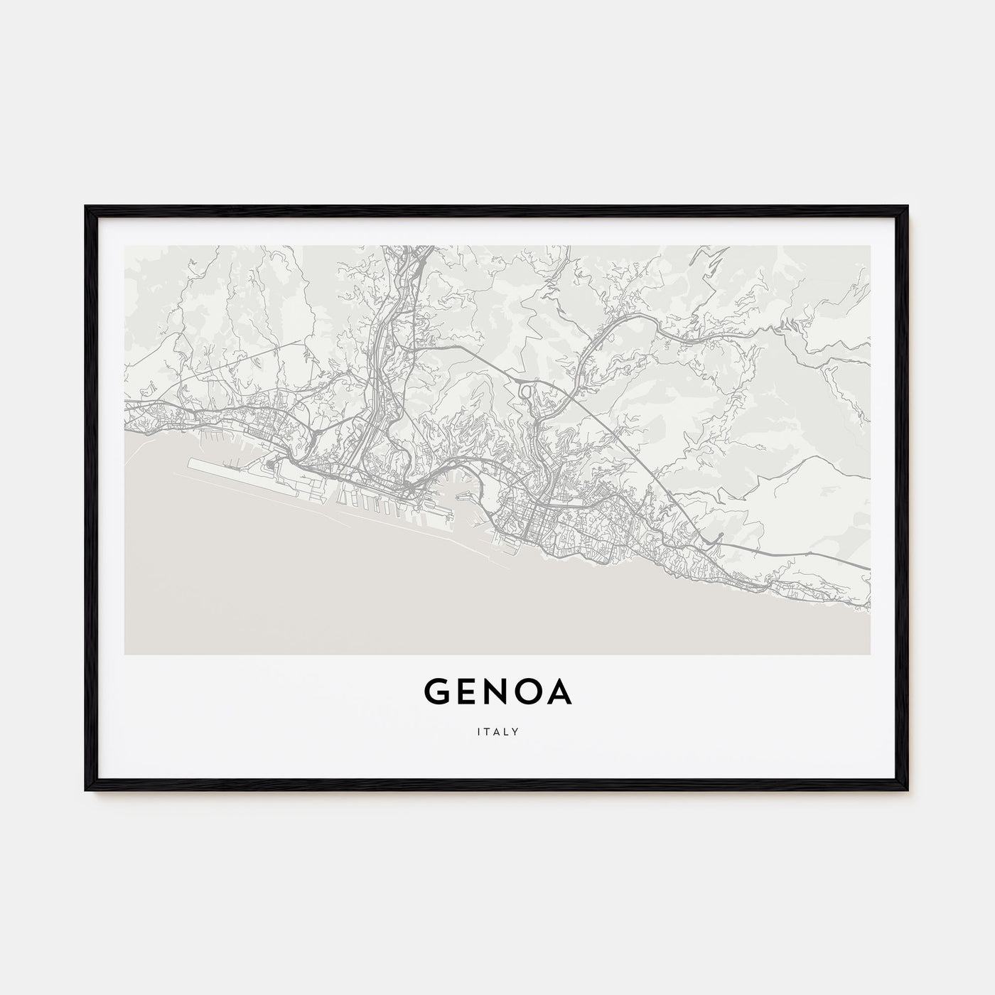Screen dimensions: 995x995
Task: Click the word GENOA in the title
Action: pos(497,693)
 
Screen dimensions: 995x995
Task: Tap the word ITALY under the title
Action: pos(497,731)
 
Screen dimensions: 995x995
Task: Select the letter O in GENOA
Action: pos(527,693)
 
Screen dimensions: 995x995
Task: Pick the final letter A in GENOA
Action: pos(559,693)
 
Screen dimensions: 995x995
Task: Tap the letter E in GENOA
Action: pos(466,693)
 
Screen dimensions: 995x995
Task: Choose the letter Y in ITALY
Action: pos(515,731)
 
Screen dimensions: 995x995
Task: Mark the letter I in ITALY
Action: pos(479,731)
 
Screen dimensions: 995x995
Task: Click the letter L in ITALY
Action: pos(506,731)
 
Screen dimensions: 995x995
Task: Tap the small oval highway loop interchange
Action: pos(527,389)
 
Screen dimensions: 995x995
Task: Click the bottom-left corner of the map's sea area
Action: pos(126,652)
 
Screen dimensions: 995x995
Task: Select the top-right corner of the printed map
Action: pos(869,247)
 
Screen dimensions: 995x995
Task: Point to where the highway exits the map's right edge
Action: pos(868,569)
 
